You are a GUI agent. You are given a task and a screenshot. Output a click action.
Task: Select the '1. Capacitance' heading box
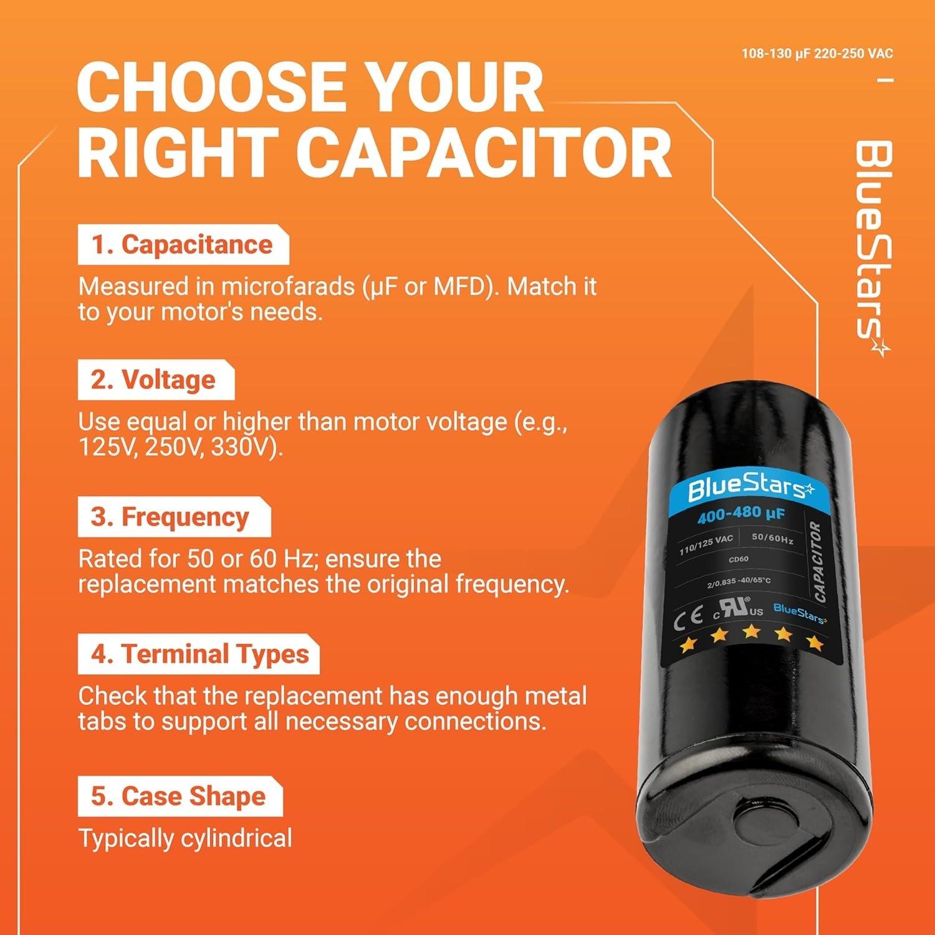point(183,245)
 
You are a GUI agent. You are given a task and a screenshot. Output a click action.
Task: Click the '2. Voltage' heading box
point(155,380)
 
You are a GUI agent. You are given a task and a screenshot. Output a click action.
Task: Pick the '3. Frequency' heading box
point(173,517)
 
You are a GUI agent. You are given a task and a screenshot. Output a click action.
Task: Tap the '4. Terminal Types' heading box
point(198,654)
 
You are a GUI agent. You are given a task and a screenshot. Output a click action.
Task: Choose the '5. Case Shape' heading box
point(180,796)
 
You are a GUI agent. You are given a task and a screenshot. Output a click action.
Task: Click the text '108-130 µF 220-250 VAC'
point(817,54)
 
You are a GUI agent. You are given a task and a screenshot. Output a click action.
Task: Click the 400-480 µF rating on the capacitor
point(741,514)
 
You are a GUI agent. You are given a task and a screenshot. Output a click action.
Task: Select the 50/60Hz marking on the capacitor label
point(772,539)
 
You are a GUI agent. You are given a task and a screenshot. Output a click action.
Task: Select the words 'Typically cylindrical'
point(185,838)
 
